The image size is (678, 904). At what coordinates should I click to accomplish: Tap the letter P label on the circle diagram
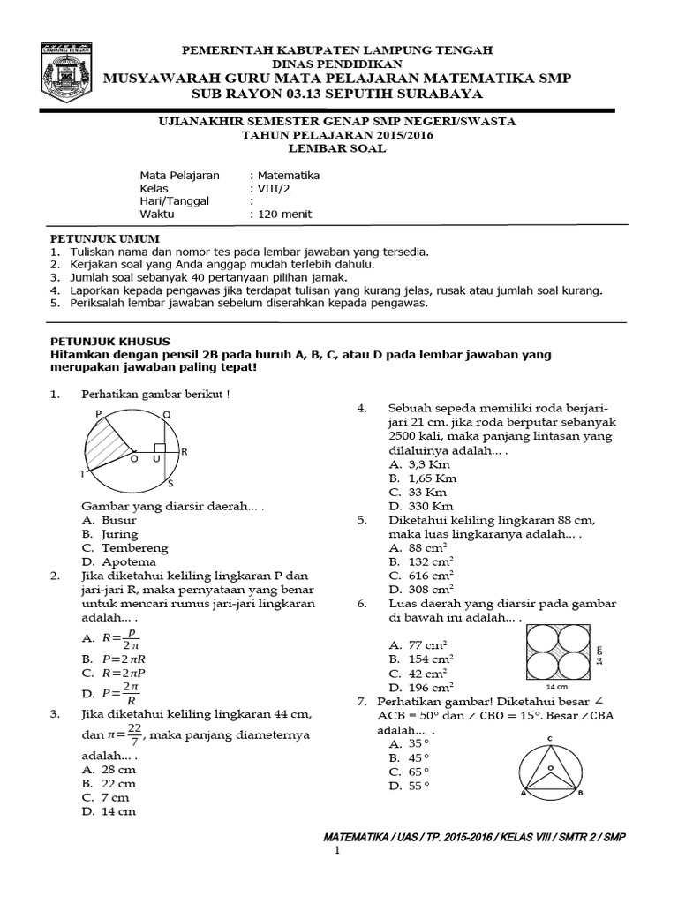(97, 413)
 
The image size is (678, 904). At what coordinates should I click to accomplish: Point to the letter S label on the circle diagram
(170, 484)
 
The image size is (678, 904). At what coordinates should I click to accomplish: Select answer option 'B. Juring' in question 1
(109, 534)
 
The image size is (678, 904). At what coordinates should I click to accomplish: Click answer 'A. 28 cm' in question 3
(109, 770)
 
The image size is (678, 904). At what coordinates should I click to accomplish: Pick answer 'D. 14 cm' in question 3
(109, 811)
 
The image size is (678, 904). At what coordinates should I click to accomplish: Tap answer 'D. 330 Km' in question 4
(421, 506)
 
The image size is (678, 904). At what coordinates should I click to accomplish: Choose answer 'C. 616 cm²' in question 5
(421, 575)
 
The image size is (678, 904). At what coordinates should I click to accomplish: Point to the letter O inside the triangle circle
(550, 768)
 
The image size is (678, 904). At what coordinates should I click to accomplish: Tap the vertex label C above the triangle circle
(549, 737)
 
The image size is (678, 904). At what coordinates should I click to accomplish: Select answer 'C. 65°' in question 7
(410, 772)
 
